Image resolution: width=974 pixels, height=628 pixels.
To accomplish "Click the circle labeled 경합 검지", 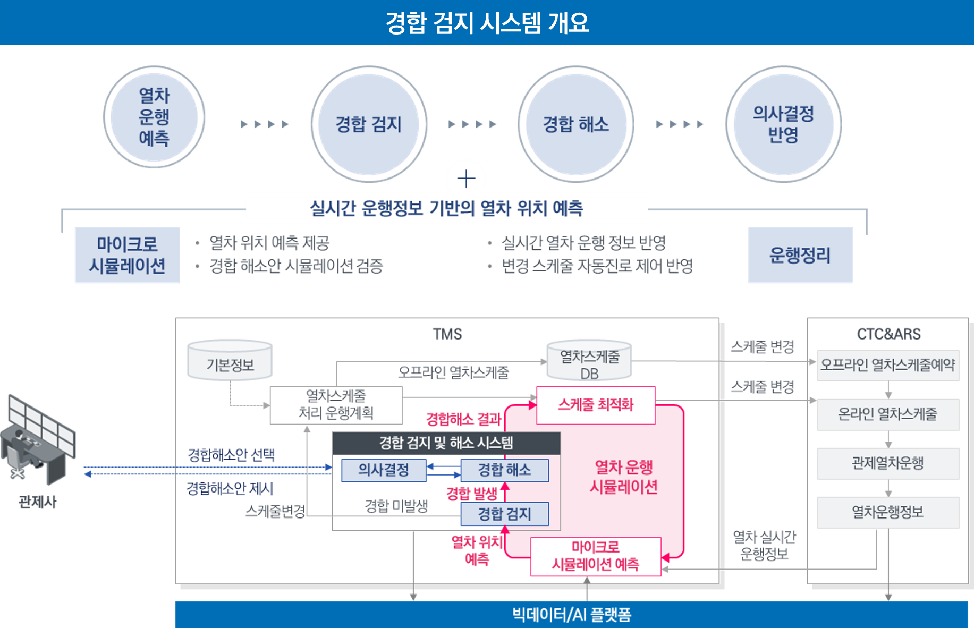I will (x=369, y=124).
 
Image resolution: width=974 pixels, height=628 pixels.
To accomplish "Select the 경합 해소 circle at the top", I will (x=575, y=124).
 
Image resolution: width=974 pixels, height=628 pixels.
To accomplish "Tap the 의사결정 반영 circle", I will (x=783, y=124).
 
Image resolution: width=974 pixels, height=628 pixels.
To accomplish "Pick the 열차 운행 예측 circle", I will (x=154, y=117).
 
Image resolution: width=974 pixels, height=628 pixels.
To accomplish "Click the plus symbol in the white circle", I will (x=466, y=179).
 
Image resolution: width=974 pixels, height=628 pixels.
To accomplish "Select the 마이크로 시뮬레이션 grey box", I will (x=127, y=255).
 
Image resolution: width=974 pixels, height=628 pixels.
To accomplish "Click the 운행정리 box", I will (x=800, y=255).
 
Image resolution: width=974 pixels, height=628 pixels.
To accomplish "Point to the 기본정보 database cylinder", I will (x=230, y=361).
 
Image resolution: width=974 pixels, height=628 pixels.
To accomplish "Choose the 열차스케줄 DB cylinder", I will (x=589, y=361).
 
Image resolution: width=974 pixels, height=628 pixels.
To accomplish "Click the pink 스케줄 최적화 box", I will (x=596, y=405).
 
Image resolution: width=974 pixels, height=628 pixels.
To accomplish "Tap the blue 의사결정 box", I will (x=384, y=470).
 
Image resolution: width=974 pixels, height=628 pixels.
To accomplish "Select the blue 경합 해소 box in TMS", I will (x=504, y=470).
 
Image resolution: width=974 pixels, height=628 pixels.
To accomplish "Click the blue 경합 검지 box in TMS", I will (x=504, y=514).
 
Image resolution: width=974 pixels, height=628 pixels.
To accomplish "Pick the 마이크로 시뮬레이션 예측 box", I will (x=596, y=556).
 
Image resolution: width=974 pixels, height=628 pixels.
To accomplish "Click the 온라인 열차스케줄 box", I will (x=888, y=414).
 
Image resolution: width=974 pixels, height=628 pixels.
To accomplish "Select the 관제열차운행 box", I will (x=888, y=463).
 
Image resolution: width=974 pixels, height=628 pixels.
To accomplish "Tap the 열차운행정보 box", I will (x=888, y=512).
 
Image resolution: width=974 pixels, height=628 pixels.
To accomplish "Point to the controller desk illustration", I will (x=38, y=441).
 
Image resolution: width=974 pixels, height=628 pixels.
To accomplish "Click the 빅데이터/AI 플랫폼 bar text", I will (x=571, y=615).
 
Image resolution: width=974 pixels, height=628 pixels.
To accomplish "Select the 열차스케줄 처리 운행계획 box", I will (x=336, y=405).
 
